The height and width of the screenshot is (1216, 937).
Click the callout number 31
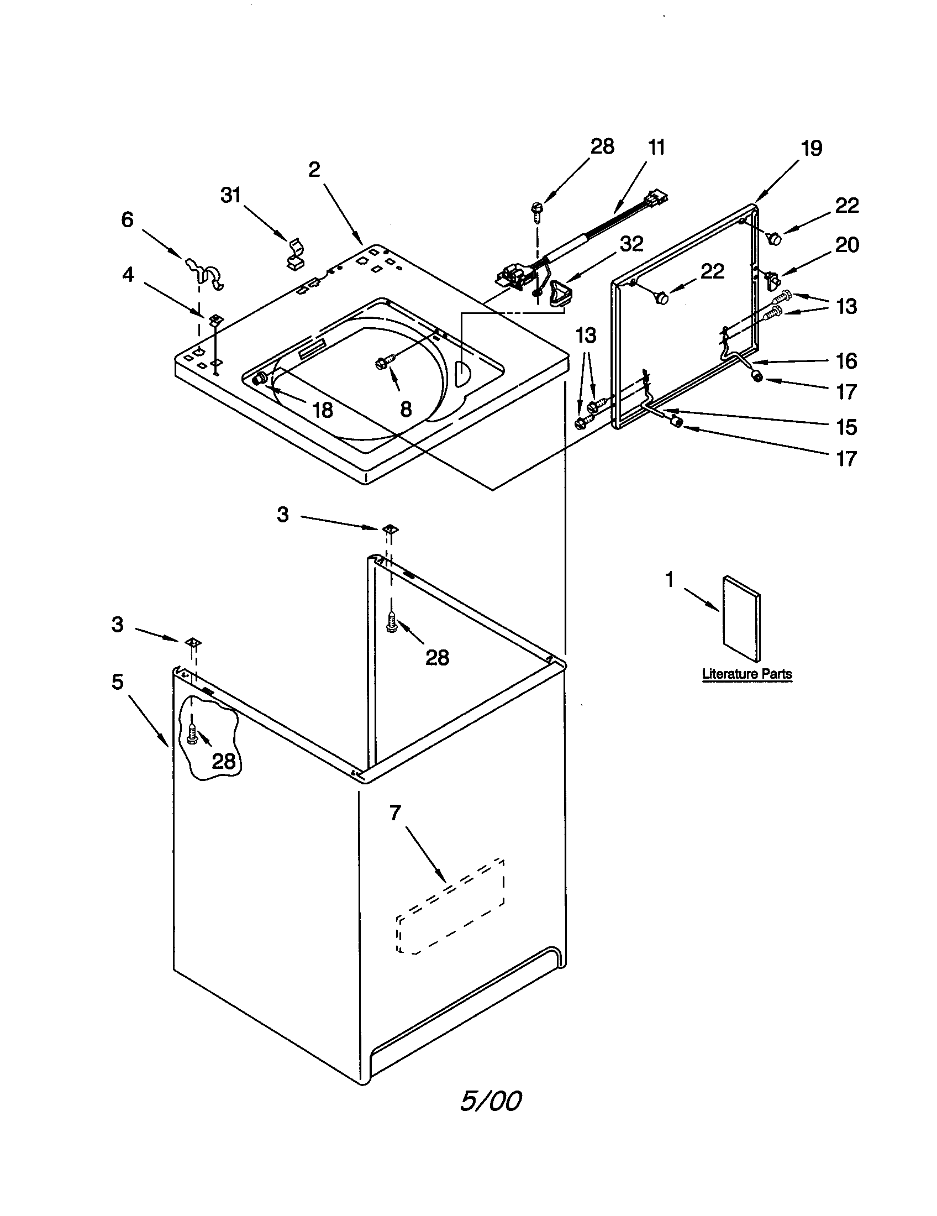tap(230, 196)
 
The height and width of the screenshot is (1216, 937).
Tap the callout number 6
tap(128, 220)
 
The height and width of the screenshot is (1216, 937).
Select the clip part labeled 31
tap(296, 253)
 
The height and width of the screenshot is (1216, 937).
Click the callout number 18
tap(322, 410)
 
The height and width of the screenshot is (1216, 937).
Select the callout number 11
tap(656, 148)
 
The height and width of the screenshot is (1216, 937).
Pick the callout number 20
tap(847, 244)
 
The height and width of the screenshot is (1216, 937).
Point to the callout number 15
tap(846, 427)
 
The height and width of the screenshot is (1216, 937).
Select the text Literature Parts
tap(747, 674)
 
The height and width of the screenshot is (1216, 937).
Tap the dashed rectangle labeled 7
tap(450, 906)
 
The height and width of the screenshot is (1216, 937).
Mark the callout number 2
tap(314, 170)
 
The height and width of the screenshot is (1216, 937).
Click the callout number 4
tap(128, 275)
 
